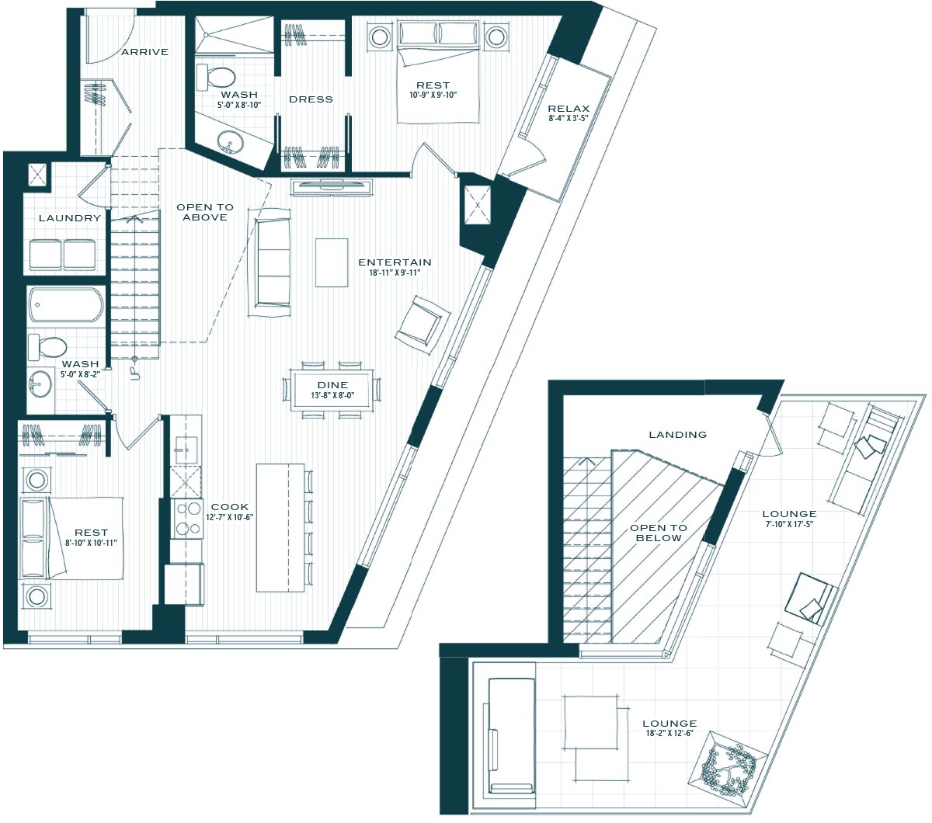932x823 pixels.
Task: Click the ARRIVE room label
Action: coord(144,52)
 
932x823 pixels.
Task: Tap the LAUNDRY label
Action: coord(69,218)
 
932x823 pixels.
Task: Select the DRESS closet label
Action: coord(311,99)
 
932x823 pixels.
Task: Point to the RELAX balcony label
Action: coord(569,109)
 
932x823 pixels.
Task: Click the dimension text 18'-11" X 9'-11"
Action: coord(395,273)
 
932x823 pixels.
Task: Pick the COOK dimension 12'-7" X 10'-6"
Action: coord(229,517)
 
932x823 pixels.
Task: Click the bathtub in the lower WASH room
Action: coord(65,304)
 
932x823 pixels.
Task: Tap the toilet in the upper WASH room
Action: coord(215,77)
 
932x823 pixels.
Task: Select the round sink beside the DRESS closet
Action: coord(228,142)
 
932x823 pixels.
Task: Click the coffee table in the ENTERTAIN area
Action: coord(331,262)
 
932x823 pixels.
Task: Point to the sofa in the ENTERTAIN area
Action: coord(270,262)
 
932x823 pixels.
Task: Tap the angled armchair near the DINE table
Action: coord(423,325)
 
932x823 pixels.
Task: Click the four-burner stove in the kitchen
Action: coord(187,519)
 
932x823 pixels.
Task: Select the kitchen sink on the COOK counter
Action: coord(186,449)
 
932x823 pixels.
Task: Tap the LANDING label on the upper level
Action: coord(677,434)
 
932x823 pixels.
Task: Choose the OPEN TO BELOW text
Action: coord(659,533)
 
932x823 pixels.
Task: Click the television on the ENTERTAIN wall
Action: coord(332,188)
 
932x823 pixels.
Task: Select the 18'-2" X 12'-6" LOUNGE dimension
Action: coord(669,733)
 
